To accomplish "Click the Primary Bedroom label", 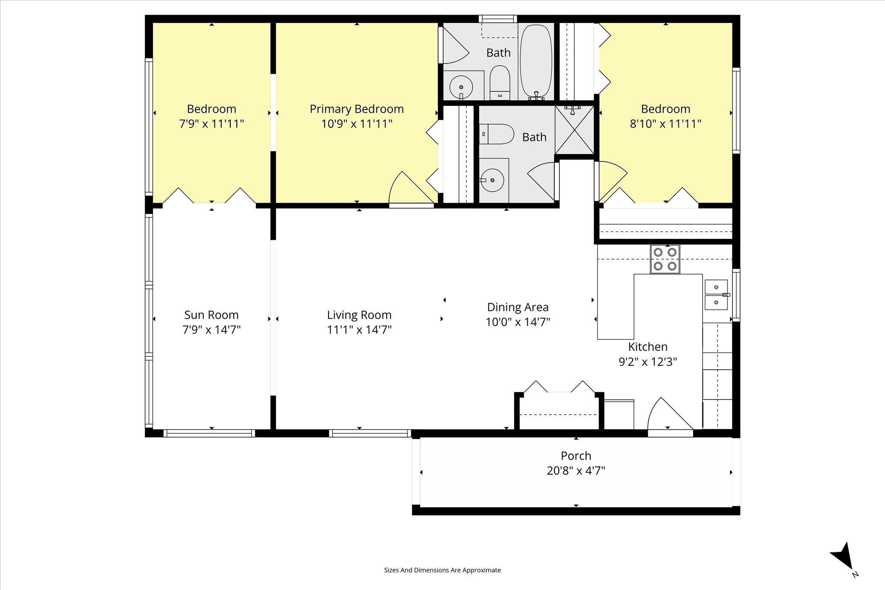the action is pyautogui.click(x=357, y=109).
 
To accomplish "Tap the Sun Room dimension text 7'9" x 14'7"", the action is pyautogui.click(x=211, y=330).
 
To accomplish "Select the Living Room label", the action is pyautogui.click(x=359, y=315).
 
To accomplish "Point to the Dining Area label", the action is pyautogui.click(x=518, y=308).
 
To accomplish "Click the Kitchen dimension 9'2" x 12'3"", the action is pyautogui.click(x=648, y=362).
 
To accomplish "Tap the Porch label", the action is pyautogui.click(x=576, y=456).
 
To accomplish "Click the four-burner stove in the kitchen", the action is pyautogui.click(x=665, y=259).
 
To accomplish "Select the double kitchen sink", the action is pyautogui.click(x=716, y=295).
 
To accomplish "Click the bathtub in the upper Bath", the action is pyautogui.click(x=536, y=61).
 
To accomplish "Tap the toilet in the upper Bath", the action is pyautogui.click(x=500, y=82).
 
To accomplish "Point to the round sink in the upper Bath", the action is pyautogui.click(x=461, y=88).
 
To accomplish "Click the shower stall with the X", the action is pyautogui.click(x=574, y=130).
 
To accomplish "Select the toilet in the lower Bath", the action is pyautogui.click(x=497, y=134).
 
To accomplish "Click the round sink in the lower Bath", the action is pyautogui.click(x=492, y=180).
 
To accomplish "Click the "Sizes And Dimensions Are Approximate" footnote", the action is pyautogui.click(x=442, y=570).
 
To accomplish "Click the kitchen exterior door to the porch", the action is pyautogui.click(x=670, y=415).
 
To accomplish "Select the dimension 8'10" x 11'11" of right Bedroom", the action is pyautogui.click(x=665, y=124).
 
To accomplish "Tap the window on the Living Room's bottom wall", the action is pyautogui.click(x=369, y=433).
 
